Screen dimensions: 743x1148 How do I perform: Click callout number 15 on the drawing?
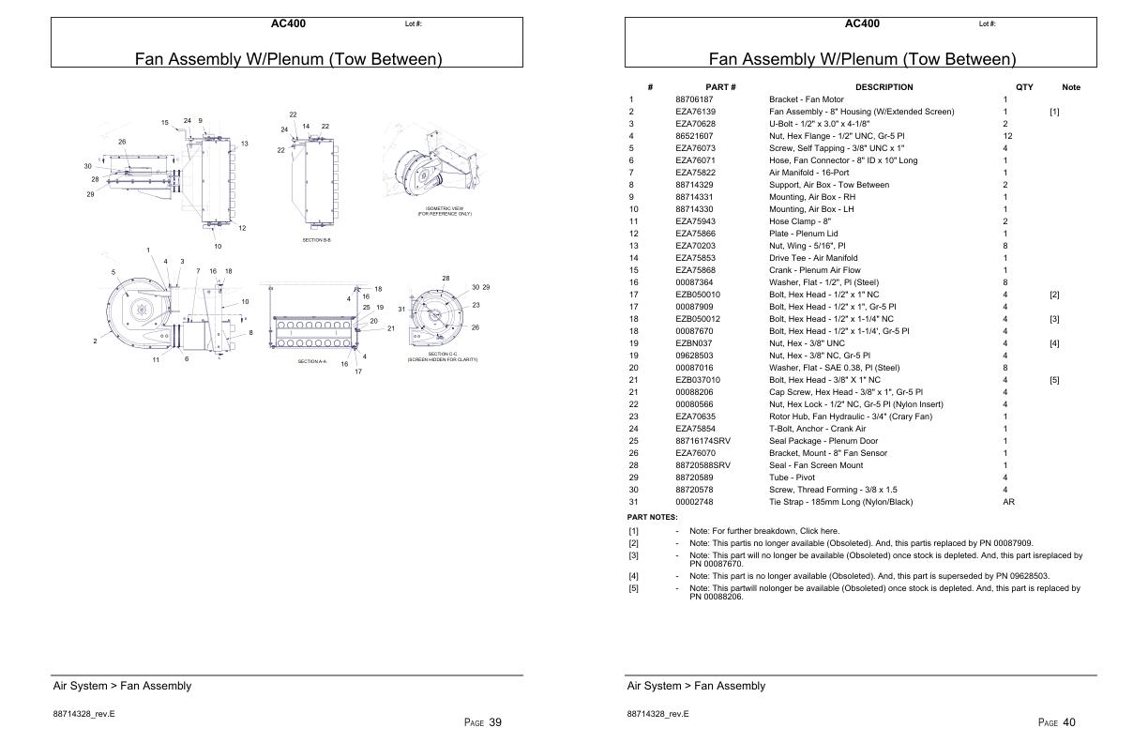point(164,122)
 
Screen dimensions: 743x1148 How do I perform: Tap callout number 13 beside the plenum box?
point(244,144)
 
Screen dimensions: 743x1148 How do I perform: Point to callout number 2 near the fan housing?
point(95,341)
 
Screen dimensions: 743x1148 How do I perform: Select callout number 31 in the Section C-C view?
point(401,309)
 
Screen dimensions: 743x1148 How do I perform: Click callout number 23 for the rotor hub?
point(476,305)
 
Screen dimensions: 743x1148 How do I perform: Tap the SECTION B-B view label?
point(316,240)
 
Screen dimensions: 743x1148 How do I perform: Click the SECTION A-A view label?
point(312,361)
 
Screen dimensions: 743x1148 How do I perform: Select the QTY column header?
point(1024,87)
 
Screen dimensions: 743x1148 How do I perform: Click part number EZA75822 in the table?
point(695,173)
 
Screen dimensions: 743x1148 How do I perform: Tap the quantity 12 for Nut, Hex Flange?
point(1007,136)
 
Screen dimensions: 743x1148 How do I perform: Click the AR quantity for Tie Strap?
point(1009,502)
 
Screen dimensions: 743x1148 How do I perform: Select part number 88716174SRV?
point(702,441)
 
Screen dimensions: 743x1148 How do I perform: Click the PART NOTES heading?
point(652,517)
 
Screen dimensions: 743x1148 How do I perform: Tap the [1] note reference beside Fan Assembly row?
point(1054,112)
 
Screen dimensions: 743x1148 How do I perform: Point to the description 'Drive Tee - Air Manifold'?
point(813,258)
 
